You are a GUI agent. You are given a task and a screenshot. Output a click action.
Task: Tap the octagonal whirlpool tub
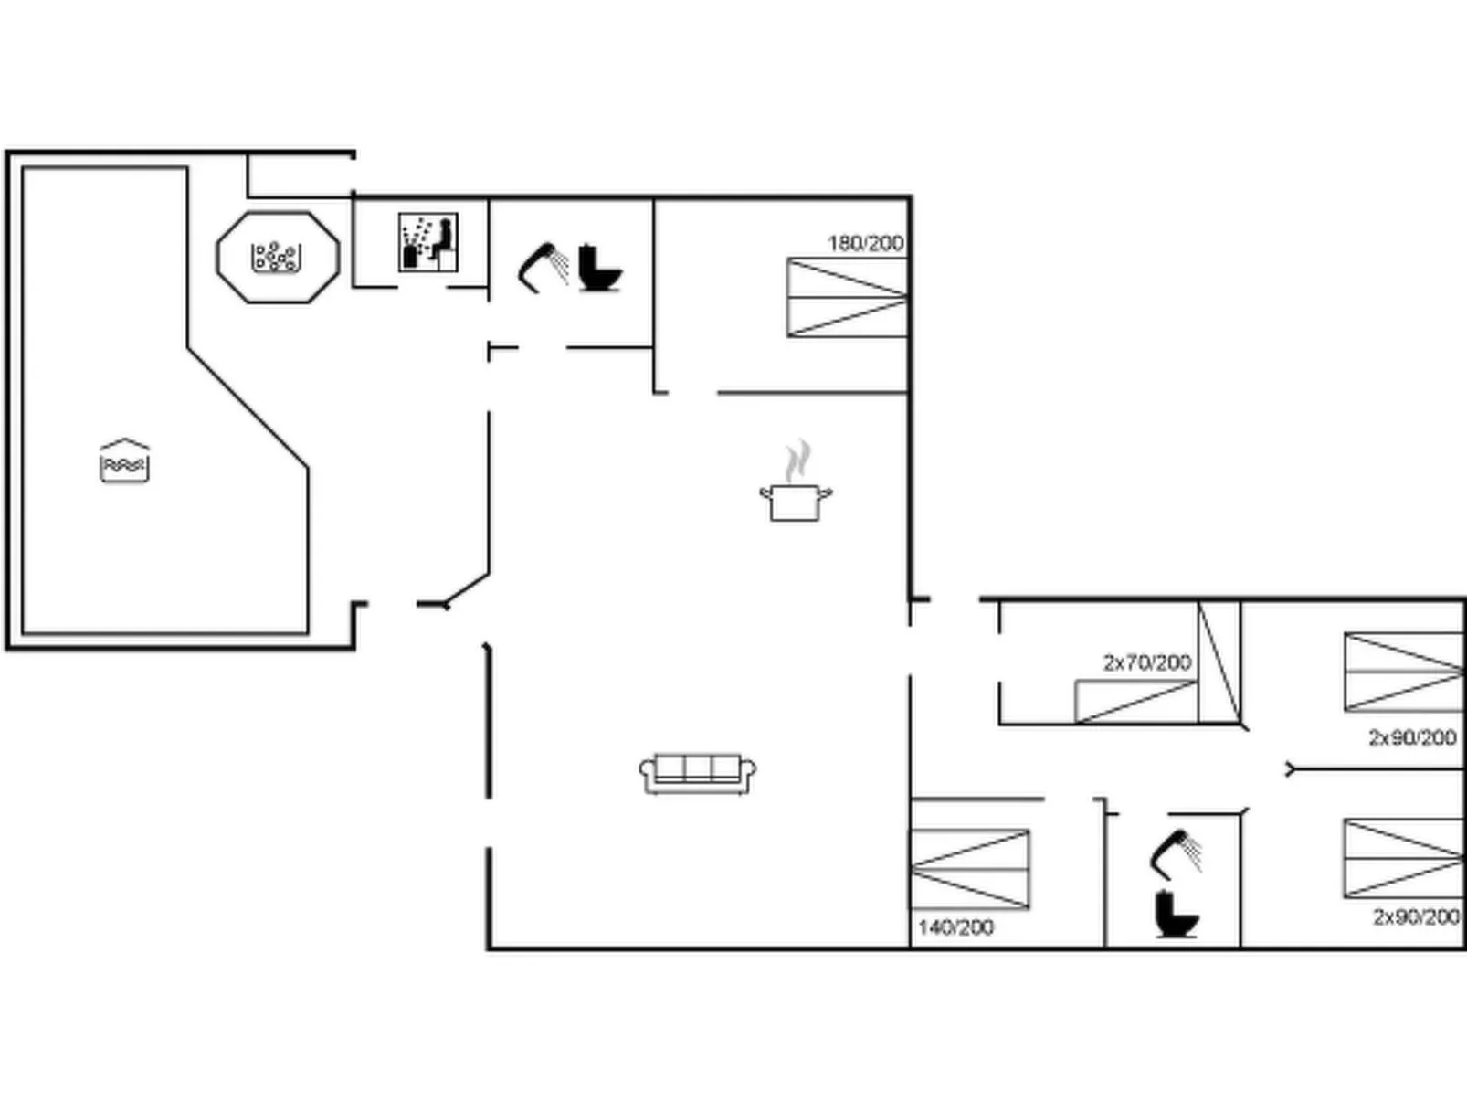[x=278, y=257]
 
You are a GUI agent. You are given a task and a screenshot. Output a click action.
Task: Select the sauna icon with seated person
[x=427, y=243]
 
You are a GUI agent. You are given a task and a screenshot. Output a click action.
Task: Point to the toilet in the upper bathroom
[x=600, y=268]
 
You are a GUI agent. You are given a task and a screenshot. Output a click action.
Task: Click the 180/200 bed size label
[x=865, y=243]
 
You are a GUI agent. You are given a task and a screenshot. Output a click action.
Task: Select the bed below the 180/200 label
[x=847, y=298]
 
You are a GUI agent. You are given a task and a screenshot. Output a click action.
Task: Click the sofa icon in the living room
[x=698, y=774]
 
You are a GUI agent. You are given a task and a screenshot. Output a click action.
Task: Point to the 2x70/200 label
[x=1146, y=662]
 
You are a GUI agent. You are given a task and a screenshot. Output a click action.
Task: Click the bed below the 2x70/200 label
[x=1135, y=701]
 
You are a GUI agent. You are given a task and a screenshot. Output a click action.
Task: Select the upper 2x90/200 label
[x=1412, y=737]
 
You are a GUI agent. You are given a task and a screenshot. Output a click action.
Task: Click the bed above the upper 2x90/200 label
[x=1404, y=672]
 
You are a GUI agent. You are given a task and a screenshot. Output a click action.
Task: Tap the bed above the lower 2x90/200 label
[x=1404, y=858]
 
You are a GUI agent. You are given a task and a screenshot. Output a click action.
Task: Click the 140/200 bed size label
[x=955, y=927]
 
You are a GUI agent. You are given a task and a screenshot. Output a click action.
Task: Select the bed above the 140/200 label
[x=970, y=869]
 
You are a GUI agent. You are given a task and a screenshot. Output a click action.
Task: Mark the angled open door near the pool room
[x=466, y=589]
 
